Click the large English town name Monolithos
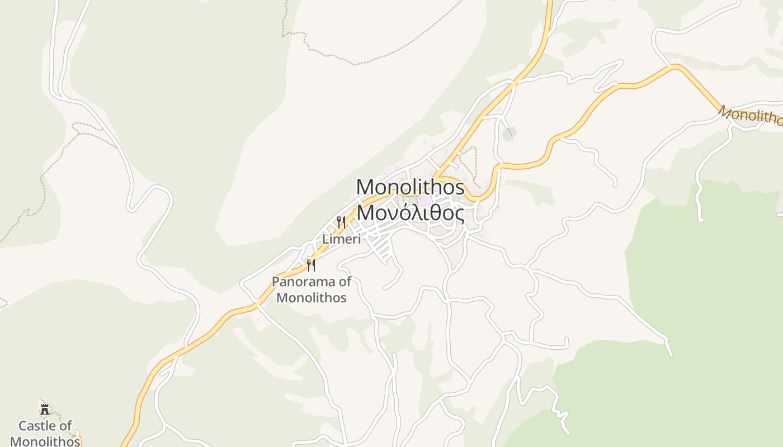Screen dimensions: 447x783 (410, 187)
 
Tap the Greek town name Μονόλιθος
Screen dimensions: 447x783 (410, 213)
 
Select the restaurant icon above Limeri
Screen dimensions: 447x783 (341, 222)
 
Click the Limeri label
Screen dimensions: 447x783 (341, 239)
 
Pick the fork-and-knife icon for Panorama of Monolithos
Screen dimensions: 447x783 (311, 265)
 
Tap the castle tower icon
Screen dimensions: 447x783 (45, 409)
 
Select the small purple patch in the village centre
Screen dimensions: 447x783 (425, 200)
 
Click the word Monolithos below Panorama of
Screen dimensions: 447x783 (312, 297)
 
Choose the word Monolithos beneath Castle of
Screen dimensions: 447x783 (45, 441)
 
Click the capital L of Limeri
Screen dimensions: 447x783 (325, 239)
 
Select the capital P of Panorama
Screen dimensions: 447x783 (276, 282)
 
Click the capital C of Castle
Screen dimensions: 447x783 (23, 426)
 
